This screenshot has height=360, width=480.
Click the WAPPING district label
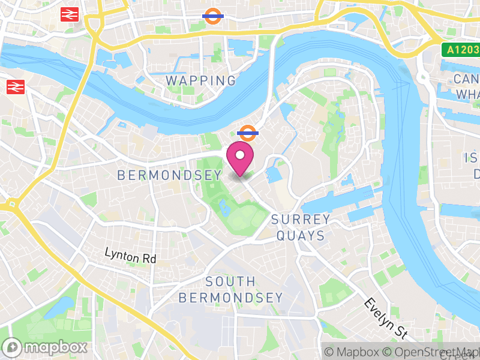pos(201,80)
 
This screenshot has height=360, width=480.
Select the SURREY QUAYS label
pos(301,227)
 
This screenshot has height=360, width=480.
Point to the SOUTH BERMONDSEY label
pos(230,289)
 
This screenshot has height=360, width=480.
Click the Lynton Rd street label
pos(130,256)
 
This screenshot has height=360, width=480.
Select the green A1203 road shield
pos(461,50)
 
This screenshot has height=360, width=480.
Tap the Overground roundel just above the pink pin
pos(247,133)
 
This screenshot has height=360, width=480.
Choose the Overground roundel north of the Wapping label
pos(212,16)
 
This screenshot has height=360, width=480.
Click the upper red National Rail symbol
pos(70,14)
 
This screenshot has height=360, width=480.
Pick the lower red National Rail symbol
pos(15,88)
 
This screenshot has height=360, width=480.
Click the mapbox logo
pos(46,347)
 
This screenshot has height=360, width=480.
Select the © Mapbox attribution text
pos(354,352)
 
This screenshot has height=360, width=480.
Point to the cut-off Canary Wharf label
pos(467,86)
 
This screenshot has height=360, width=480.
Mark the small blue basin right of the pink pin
pos(274,175)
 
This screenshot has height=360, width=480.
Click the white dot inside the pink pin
pos(240,155)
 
